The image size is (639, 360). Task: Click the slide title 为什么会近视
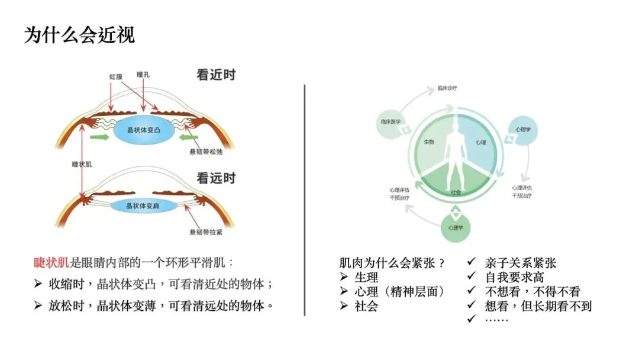coord(79,35)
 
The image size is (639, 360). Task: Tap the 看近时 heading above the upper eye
coord(216,75)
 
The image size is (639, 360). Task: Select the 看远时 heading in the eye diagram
coord(216,177)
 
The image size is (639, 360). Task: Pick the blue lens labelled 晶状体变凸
coord(145,130)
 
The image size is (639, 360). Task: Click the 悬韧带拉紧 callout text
coord(205,233)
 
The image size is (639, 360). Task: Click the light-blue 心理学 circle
coord(522,128)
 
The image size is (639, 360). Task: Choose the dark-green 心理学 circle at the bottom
coord(455,227)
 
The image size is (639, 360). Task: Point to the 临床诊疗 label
coord(447,88)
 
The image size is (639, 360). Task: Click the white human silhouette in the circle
coord(456,158)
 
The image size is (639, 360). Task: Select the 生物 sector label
coord(429,143)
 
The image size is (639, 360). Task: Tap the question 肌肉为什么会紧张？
coord(392,263)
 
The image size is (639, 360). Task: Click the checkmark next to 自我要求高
coord(472,277)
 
